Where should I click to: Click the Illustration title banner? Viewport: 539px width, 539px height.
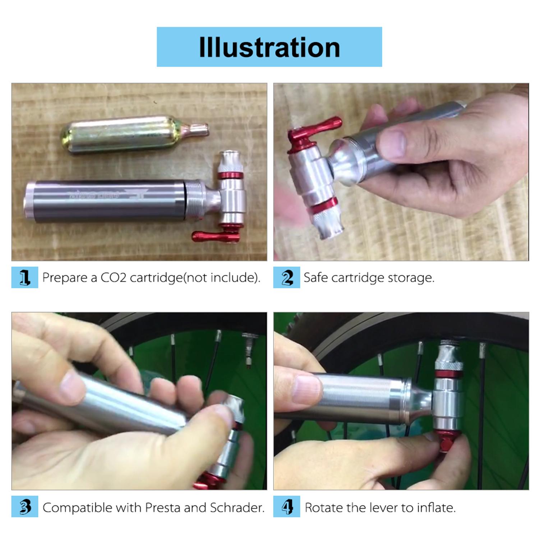tap(269, 47)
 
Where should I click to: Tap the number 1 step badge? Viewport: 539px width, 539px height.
tap(24, 277)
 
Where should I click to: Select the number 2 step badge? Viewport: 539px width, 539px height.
tap(286, 277)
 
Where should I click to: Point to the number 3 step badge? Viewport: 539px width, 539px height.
tap(24, 507)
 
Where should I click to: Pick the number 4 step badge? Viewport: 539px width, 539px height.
tap(286, 507)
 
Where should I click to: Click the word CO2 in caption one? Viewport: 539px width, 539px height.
tap(113, 278)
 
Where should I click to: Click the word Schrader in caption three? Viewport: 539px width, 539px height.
tap(237, 507)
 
